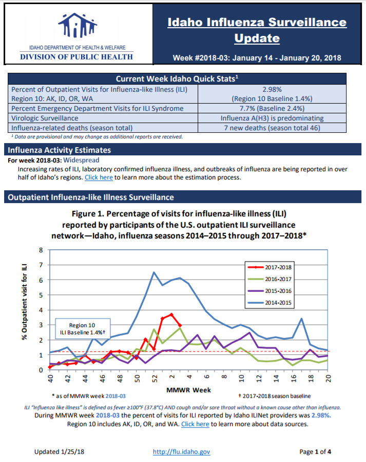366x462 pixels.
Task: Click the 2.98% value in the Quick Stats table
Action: point(272,89)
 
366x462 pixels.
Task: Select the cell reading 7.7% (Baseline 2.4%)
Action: point(272,108)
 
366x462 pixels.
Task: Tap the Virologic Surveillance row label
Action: point(45,118)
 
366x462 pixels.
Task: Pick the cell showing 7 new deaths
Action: point(272,128)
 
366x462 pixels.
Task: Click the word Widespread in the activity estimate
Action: point(81,160)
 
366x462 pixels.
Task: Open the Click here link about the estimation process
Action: point(99,177)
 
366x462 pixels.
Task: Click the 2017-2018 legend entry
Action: point(269,267)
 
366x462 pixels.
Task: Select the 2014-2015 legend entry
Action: point(269,303)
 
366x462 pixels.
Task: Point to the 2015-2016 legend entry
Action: point(269,291)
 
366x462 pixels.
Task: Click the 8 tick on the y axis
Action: point(41,250)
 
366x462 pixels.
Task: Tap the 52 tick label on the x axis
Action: point(154,378)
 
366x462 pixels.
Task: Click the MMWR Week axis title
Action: point(189,390)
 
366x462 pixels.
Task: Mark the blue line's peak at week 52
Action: point(154,272)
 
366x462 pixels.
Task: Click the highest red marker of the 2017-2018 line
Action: point(171,315)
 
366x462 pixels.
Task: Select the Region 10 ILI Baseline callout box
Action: point(83,328)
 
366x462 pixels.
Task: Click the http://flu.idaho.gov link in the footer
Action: point(181,452)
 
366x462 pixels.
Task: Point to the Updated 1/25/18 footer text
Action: point(59,452)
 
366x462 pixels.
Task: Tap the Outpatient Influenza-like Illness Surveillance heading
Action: point(91,197)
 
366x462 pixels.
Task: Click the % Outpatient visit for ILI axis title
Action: point(25,302)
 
